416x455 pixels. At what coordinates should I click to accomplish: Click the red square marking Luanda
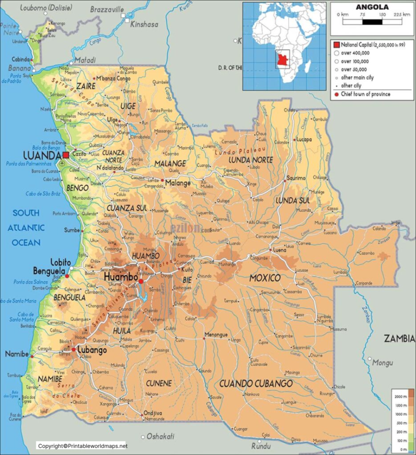pos(66,155)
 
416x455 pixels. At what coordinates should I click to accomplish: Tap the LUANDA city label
pos(41,156)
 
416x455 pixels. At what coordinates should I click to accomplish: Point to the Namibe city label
pos(16,354)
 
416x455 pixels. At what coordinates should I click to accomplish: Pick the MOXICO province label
pos(265,278)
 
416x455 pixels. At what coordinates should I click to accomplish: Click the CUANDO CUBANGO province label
pos(256,384)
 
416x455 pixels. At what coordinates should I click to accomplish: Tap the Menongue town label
pos(217,335)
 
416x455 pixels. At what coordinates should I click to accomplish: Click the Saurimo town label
pos(296,177)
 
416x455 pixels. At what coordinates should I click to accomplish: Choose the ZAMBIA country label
pos(400,339)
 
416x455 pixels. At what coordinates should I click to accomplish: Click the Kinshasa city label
pos(144,24)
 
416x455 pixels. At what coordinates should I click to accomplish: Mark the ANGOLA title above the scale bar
pos(372,6)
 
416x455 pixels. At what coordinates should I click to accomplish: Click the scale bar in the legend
pos(372,22)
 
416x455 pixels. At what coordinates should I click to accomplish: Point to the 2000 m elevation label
pos(400,397)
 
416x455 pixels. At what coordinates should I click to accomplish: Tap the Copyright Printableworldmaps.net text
pos(83,446)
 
